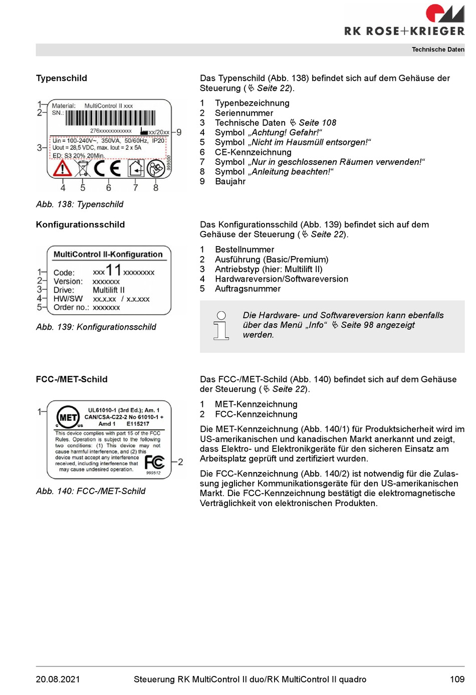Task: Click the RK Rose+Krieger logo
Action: pyautogui.click(x=404, y=21)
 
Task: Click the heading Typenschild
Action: pyautogui.click(x=62, y=78)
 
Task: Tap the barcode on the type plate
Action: pyautogui.click(x=110, y=118)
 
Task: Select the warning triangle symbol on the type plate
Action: pyautogui.click(x=63, y=168)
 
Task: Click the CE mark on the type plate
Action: pyautogui.click(x=108, y=168)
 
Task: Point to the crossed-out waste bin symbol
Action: pyautogui.click(x=83, y=168)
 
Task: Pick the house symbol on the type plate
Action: pyautogui.click(x=136, y=168)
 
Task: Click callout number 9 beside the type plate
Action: pyautogui.click(x=179, y=132)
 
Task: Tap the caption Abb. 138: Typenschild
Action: pyautogui.click(x=80, y=204)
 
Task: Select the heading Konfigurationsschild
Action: pyautogui.click(x=80, y=224)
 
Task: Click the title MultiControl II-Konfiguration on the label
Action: pyautogui.click(x=108, y=255)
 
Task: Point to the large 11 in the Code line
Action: pyautogui.click(x=114, y=271)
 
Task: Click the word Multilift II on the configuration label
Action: pyautogui.click(x=109, y=290)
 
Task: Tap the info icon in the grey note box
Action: pyautogui.click(x=221, y=326)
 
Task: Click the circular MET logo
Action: pyautogui.click(x=68, y=417)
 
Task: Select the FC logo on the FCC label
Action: pyautogui.click(x=154, y=462)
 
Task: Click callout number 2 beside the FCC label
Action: pyautogui.click(x=180, y=461)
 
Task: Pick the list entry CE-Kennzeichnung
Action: pyautogui.click(x=253, y=152)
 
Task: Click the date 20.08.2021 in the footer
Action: pyautogui.click(x=58, y=679)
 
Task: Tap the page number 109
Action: pyautogui.click(x=457, y=679)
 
